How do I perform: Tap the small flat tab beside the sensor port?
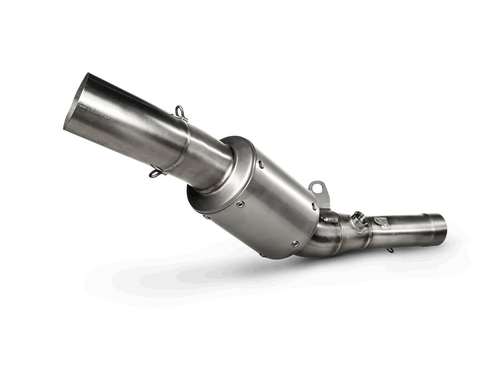coord(382,221)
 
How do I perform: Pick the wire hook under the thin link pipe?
coord(390,250)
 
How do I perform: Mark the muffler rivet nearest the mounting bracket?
coord(314,205)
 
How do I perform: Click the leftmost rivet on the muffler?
coord(206,217)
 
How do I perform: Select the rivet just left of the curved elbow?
coord(295,243)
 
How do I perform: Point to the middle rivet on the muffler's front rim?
coord(240,204)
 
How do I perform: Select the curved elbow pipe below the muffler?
coord(320,240)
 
